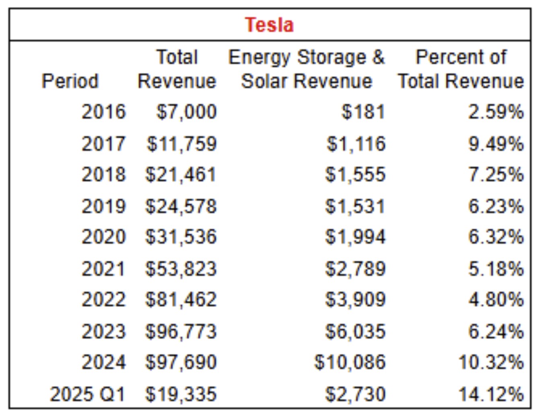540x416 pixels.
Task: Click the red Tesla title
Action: (269, 25)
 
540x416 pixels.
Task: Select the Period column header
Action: (70, 81)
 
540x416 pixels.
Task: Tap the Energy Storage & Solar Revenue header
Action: (306, 69)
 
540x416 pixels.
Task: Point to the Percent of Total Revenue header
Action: (461, 69)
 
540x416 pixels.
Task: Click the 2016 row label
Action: (104, 112)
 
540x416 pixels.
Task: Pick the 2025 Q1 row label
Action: (87, 394)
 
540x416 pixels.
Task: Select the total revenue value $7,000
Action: (187, 112)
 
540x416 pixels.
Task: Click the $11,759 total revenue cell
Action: (181, 144)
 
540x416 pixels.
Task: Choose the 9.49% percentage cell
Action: (496, 144)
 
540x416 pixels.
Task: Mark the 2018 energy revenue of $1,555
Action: (356, 175)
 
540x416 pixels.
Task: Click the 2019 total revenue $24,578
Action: (181, 207)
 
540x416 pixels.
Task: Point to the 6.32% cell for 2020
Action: (496, 237)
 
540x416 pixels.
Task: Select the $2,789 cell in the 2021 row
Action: (356, 269)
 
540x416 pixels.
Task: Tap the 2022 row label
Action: (104, 299)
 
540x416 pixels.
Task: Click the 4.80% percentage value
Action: (496, 299)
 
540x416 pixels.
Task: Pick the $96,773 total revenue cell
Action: (181, 332)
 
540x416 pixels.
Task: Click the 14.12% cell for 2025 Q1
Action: (491, 394)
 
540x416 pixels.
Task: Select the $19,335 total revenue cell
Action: (181, 395)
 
